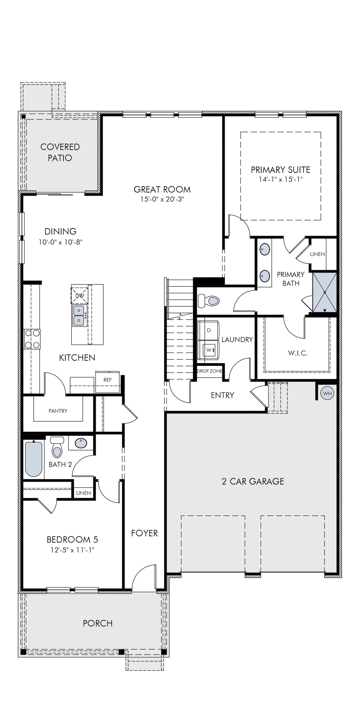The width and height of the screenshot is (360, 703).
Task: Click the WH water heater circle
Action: point(327,393)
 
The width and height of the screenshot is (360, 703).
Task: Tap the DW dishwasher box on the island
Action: point(80,295)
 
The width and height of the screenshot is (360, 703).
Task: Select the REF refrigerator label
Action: point(107,380)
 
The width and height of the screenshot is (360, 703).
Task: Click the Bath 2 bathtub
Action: point(34,459)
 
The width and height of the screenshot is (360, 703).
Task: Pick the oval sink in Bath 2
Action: point(81,443)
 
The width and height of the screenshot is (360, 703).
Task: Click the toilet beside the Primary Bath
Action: point(209,301)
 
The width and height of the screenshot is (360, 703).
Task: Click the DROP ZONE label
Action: point(210,371)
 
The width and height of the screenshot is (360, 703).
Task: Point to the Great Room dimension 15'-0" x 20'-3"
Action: point(162,199)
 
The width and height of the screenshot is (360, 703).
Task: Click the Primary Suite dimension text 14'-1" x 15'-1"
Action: point(281,179)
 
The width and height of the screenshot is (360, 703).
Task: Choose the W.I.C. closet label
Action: point(298,353)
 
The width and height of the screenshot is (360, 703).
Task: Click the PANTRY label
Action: point(58,411)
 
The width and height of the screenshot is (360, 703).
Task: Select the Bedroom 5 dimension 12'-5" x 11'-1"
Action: point(72,550)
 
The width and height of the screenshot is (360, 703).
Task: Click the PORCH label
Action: point(98,623)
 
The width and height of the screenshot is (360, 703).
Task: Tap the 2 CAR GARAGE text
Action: point(253,481)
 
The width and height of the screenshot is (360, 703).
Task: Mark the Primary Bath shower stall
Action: point(325,292)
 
